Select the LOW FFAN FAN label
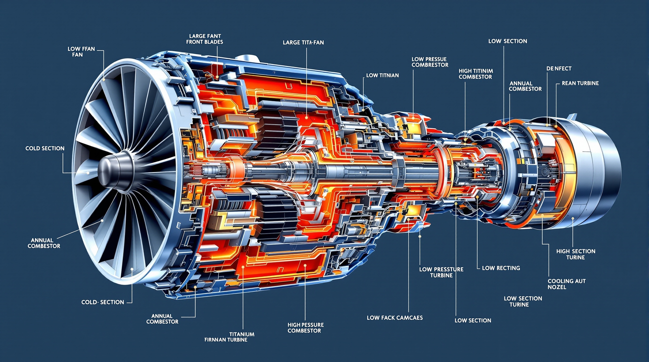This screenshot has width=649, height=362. (81, 52)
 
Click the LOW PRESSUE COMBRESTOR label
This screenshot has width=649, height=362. (430, 62)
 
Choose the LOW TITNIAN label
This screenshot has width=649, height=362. (383, 75)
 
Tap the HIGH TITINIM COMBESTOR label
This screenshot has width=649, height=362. (475, 74)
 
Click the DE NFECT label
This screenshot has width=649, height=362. (559, 69)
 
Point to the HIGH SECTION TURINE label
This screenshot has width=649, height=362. (576, 254)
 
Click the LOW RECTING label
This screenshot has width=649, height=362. (501, 268)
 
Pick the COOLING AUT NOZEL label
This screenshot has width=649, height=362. (567, 284)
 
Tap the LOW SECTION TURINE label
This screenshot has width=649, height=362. (523, 301)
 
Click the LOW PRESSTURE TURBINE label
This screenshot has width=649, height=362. (441, 272)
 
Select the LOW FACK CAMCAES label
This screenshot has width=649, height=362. (395, 318)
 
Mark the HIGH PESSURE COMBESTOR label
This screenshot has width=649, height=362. (305, 328)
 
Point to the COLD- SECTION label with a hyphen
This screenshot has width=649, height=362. (103, 302)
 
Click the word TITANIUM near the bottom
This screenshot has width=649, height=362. (242, 334)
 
